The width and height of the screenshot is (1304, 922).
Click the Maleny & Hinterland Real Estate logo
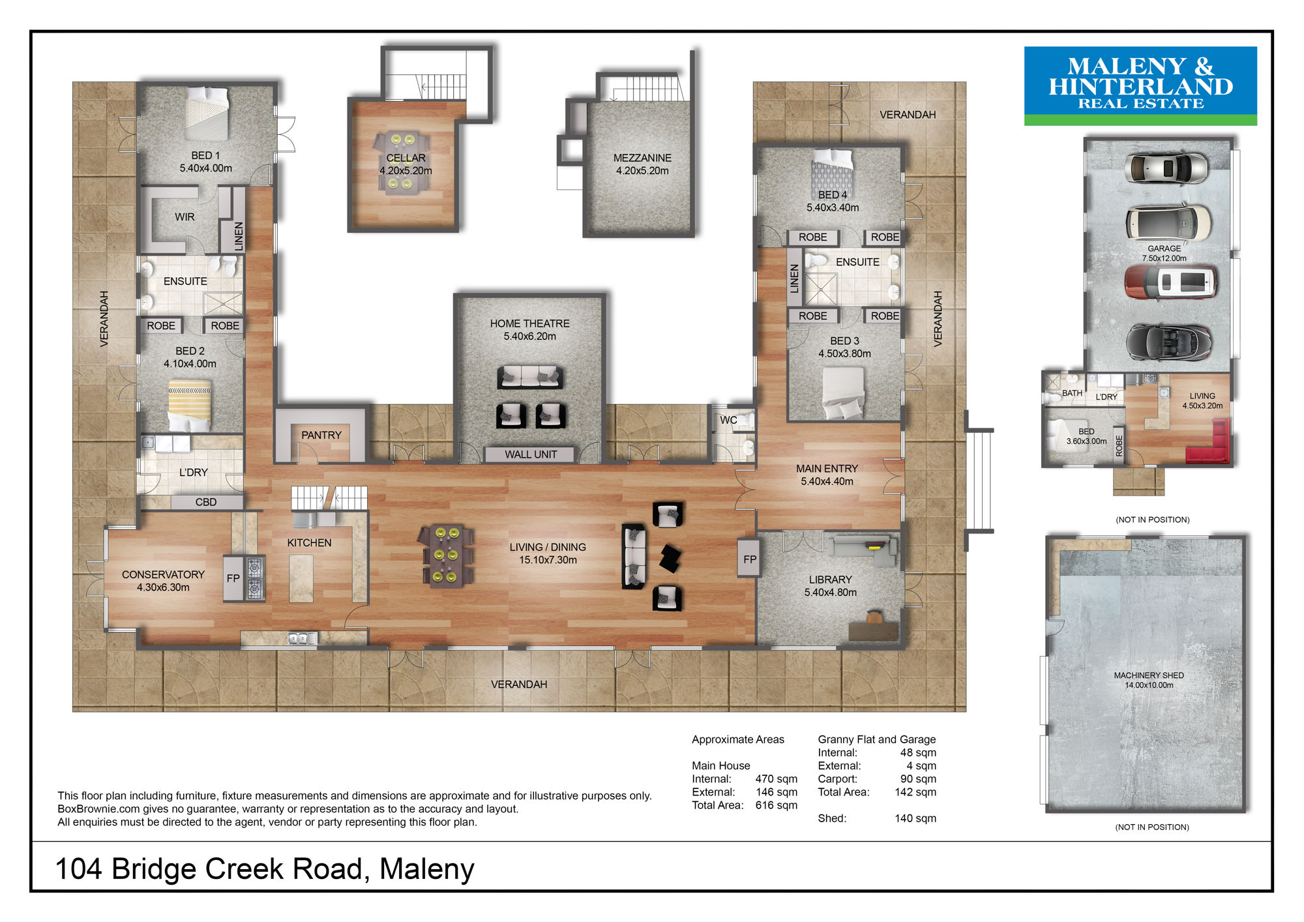[x=1140, y=85]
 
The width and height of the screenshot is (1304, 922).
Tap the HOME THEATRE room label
[x=529, y=323]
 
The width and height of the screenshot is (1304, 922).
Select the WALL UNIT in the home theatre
[x=531, y=454]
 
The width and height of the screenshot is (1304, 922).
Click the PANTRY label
[x=321, y=435]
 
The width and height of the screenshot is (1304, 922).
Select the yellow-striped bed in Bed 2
[x=190, y=405]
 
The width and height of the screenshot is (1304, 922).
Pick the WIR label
[x=185, y=216]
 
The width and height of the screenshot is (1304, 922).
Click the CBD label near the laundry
[x=206, y=502]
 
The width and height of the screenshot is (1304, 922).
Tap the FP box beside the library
[x=750, y=559]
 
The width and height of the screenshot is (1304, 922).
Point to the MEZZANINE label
[x=642, y=158]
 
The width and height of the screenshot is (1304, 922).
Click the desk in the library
[x=874, y=629]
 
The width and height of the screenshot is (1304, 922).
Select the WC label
[x=728, y=420]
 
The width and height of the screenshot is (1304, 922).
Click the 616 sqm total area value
[x=776, y=805]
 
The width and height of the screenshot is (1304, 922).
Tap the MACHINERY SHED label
[x=1149, y=676]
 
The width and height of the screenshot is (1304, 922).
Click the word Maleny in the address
[x=427, y=869]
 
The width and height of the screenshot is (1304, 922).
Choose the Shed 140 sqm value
[x=915, y=818]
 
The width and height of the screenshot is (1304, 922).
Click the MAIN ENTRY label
[x=827, y=469]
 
